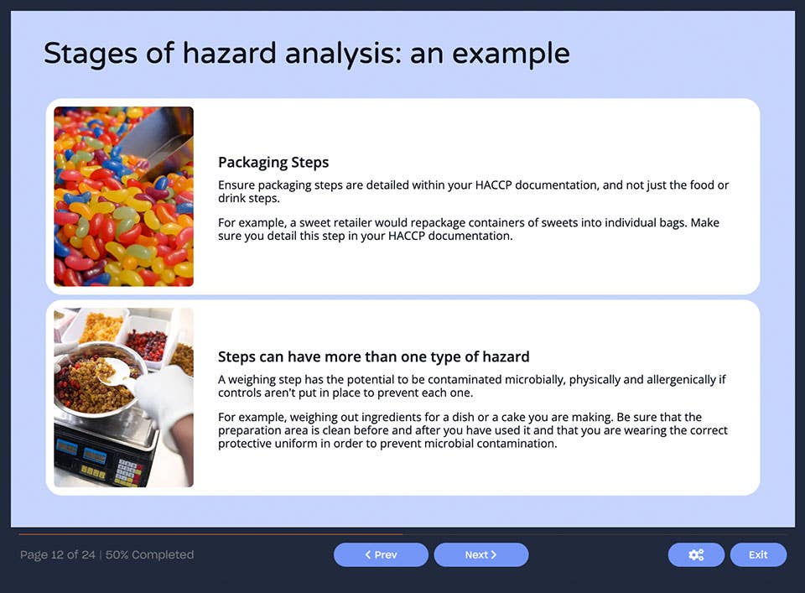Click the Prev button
[x=381, y=554]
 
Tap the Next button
[x=480, y=554]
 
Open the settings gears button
[x=695, y=554]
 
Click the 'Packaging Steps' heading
[x=273, y=162]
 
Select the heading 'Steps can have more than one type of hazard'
[x=373, y=356]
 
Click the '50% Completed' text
[x=149, y=554]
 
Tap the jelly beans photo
[x=123, y=196]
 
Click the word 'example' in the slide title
[x=511, y=54]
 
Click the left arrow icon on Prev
[x=367, y=554]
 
